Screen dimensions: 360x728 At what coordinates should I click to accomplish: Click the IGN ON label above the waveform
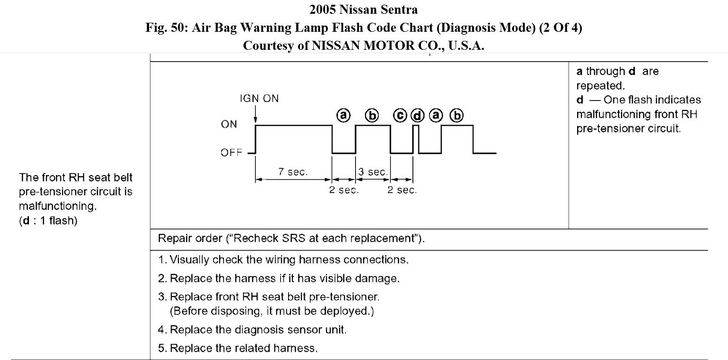pyautogui.click(x=259, y=99)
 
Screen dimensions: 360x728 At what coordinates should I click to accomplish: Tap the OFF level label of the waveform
pyautogui.click(x=231, y=153)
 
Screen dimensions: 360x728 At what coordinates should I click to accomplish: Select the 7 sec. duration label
pyautogui.click(x=293, y=172)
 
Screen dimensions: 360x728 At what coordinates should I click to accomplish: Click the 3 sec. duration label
pyautogui.click(x=373, y=172)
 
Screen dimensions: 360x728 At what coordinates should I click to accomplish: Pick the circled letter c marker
pyautogui.click(x=400, y=116)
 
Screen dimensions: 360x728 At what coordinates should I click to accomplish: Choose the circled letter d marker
pyautogui.click(x=417, y=116)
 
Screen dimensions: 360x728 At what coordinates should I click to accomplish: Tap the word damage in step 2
pyautogui.click(x=382, y=278)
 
